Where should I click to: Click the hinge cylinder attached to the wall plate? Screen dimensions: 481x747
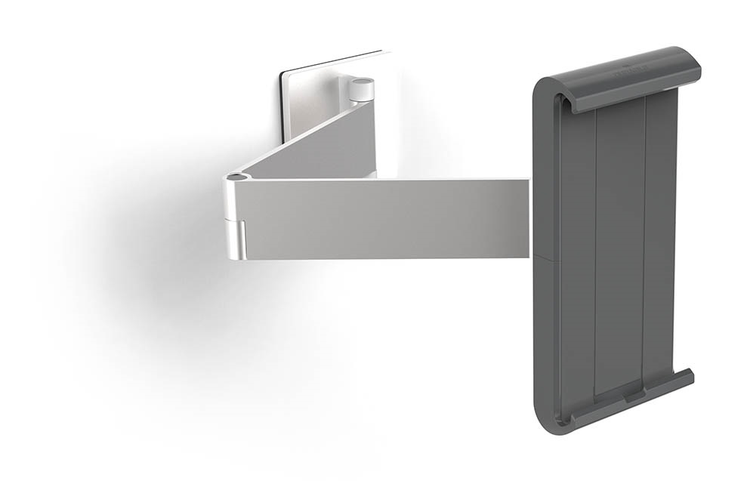[x=363, y=88]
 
